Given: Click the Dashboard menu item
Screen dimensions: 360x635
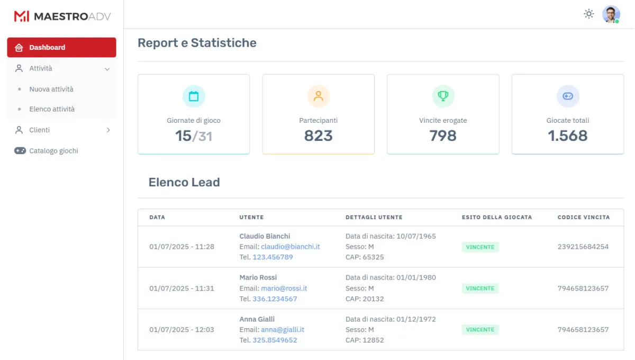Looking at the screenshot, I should point(61,47).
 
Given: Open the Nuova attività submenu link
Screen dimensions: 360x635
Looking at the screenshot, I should point(51,89).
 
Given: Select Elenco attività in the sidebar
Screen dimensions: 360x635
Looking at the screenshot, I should point(52,109).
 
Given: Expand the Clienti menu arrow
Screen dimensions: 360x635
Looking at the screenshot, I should point(108,130).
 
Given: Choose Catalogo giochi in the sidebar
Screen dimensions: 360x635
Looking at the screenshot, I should point(53,151).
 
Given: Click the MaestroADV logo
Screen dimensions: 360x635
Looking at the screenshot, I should point(62,16).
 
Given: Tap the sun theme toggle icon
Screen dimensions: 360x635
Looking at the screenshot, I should point(588,14).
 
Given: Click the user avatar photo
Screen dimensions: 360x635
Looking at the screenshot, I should point(611,14).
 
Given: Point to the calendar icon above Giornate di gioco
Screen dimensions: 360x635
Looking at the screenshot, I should point(194,96).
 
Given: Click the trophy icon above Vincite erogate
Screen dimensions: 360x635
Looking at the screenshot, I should point(443,96).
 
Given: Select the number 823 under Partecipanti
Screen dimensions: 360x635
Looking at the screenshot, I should point(318,136).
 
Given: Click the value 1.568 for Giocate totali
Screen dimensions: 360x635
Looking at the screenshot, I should point(567,136).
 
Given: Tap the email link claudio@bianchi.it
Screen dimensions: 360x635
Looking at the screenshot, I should point(290,247).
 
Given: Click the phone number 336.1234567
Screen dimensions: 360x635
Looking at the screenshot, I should point(275,299).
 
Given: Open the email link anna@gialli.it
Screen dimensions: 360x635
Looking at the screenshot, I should point(282,329).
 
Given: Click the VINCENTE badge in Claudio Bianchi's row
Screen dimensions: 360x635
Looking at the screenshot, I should point(480,247).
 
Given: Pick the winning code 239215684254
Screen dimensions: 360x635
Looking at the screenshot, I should point(583,247).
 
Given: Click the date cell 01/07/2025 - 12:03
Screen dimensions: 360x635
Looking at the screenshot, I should point(182,329).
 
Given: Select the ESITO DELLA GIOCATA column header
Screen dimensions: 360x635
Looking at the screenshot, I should point(496,217).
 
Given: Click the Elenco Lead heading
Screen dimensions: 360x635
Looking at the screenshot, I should point(184,183).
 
